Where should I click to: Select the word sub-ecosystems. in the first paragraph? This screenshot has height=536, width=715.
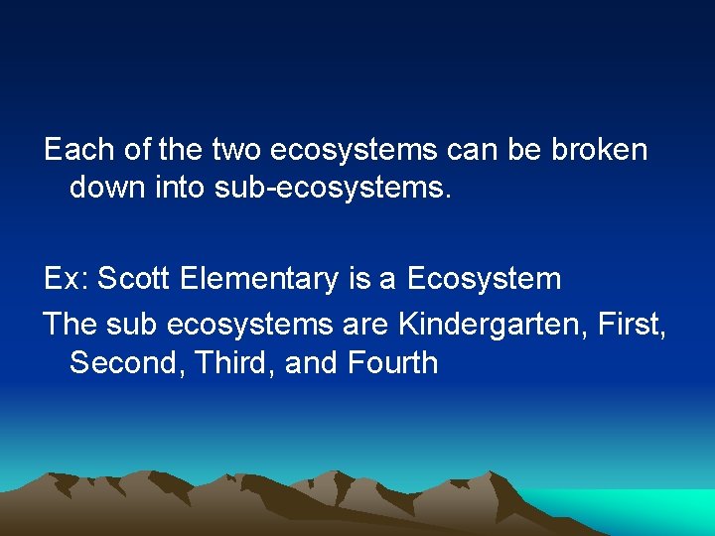pyautogui.click(x=334, y=188)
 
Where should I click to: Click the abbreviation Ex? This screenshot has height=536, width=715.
pyautogui.click(x=67, y=279)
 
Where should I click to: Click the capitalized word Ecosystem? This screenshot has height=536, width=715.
pyautogui.click(x=486, y=279)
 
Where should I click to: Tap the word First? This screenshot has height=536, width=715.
pyautogui.click(x=632, y=324)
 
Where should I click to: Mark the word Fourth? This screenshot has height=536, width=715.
pyautogui.click(x=393, y=362)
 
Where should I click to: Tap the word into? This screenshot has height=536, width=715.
pyautogui.click(x=180, y=188)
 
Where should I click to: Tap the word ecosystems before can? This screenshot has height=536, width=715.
pyautogui.click(x=353, y=150)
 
